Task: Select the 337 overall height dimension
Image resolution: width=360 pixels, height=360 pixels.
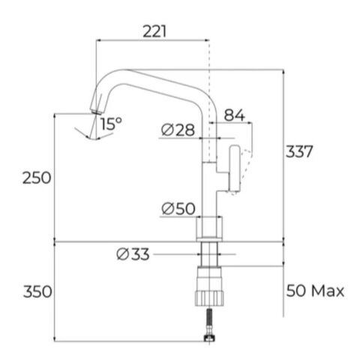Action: click(298, 151)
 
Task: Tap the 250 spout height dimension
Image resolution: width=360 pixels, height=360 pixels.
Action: click(36, 178)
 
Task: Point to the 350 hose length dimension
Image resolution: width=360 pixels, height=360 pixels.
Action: click(36, 292)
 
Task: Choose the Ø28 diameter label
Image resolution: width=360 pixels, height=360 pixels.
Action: click(178, 130)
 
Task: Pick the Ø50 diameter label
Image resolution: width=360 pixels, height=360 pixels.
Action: click(178, 208)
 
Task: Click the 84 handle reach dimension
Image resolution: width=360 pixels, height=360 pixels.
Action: click(234, 115)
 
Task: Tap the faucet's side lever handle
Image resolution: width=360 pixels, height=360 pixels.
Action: click(234, 169)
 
